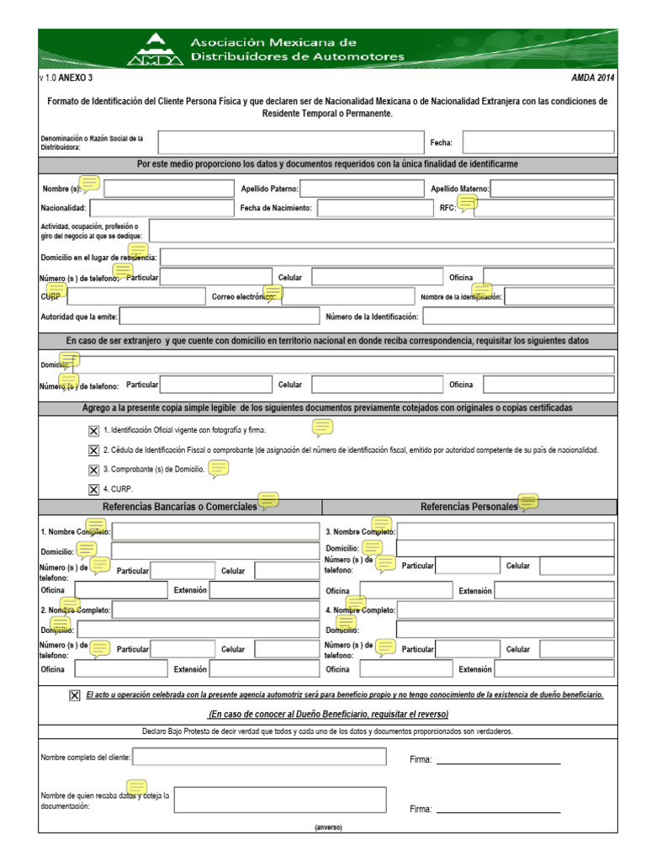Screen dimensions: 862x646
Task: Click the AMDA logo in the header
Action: click(x=156, y=49)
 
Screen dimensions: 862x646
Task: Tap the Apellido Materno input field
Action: click(x=552, y=189)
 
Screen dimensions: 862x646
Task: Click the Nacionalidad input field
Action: click(x=160, y=208)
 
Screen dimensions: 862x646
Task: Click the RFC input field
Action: click(x=543, y=208)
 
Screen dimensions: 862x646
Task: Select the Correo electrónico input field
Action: click(x=347, y=296)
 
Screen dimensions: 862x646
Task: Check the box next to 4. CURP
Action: click(x=93, y=489)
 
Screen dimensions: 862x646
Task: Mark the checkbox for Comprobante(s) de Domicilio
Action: click(x=93, y=470)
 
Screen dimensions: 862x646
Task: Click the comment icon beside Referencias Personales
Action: click(x=528, y=503)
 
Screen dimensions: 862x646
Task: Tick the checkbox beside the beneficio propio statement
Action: click(x=76, y=695)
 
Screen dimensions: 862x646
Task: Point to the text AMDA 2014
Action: click(x=594, y=77)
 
